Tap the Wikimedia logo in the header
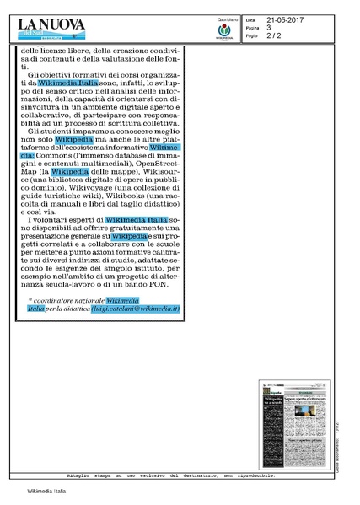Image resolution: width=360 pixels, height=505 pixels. (x=224, y=31)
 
